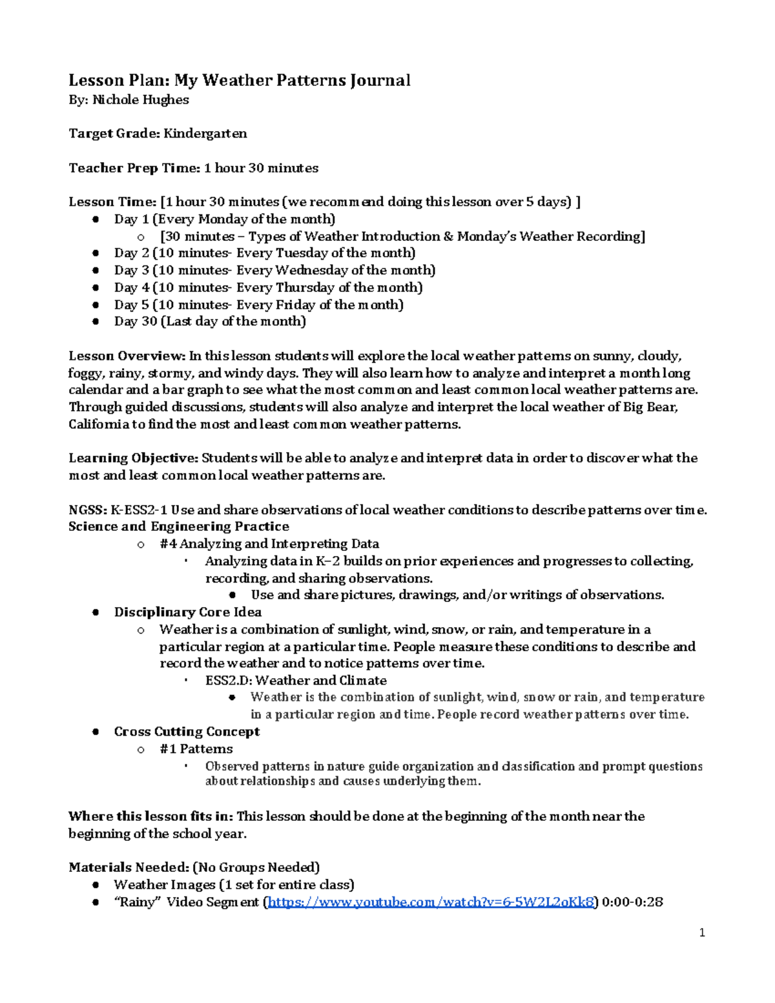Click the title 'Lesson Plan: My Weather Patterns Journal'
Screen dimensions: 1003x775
click(239, 81)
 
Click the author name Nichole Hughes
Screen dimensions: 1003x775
click(140, 100)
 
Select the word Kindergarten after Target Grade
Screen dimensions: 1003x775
click(205, 134)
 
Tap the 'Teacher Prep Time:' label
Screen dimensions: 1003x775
click(134, 168)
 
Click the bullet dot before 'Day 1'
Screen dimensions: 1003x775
click(96, 220)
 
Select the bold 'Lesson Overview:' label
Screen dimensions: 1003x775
click(127, 356)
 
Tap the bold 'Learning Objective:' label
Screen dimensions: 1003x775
click(133, 459)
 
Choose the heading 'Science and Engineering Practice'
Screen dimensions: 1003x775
click(178, 527)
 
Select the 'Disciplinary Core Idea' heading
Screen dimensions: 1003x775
click(187, 612)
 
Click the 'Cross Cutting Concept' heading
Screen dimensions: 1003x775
click(187, 732)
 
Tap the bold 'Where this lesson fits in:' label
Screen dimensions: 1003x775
click(151, 816)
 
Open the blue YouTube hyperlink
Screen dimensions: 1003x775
click(430, 902)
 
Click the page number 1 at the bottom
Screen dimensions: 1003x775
click(702, 933)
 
